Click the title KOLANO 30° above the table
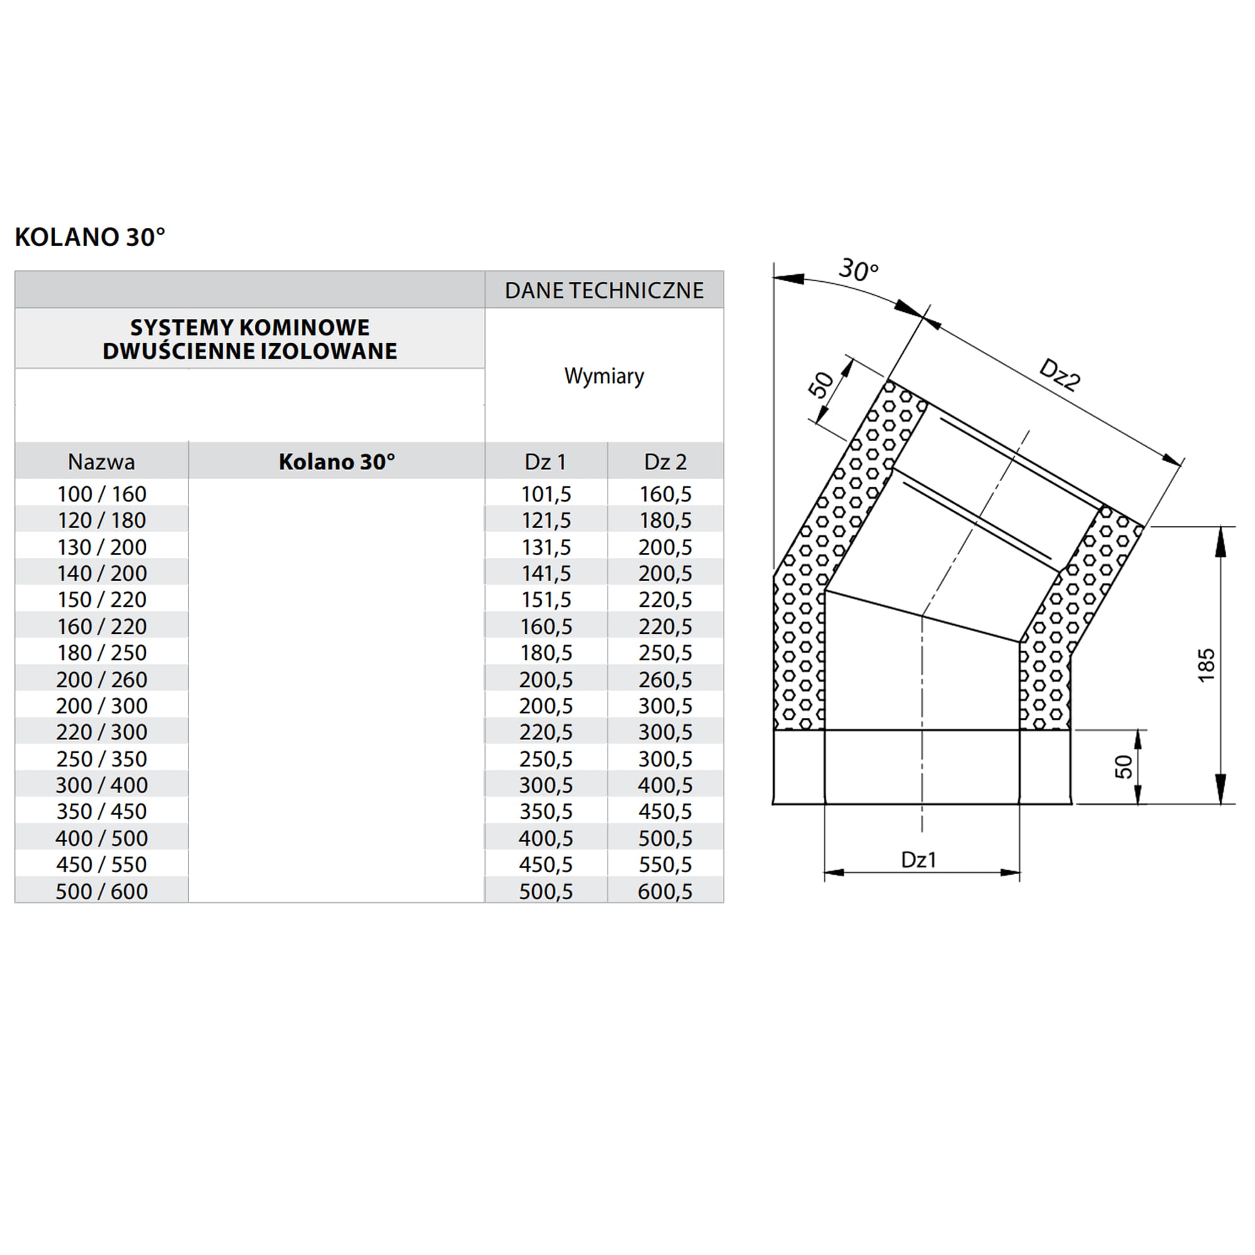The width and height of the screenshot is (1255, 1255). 90,237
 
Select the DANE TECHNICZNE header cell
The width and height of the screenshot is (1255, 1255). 604,291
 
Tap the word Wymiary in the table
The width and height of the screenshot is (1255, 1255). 604,375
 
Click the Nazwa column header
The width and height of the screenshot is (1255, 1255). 101,462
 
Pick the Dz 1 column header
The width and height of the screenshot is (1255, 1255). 545,462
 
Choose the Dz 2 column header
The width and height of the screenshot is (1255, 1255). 665,462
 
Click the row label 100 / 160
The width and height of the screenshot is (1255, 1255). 101,494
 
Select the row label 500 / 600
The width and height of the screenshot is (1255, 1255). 101,891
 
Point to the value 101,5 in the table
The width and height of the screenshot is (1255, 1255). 546,494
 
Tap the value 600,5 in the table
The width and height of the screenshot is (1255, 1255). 665,891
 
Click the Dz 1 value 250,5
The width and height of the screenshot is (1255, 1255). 546,759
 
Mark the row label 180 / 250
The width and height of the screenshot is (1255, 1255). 101,653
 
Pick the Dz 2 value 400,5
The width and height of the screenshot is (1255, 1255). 665,786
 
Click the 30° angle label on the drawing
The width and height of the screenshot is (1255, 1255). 857,270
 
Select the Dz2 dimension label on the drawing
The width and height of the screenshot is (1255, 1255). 1059,375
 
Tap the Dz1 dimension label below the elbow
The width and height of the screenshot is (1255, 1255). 919,860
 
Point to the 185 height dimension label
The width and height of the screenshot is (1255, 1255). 1205,665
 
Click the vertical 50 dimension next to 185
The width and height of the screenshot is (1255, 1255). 1123,767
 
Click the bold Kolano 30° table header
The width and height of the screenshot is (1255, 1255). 336,462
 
